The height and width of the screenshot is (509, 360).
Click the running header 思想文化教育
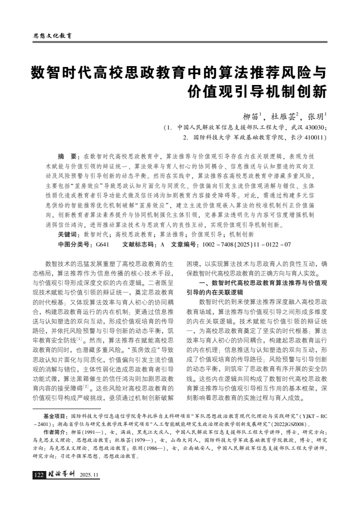pos(52,35)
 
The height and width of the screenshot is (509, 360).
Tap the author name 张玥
pos(316,116)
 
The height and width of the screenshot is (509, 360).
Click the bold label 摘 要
pos(68,156)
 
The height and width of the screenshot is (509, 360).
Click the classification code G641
pos(102,230)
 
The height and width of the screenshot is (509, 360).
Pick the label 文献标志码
pos(139,230)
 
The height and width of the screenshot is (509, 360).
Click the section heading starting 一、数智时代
pos(263,283)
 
